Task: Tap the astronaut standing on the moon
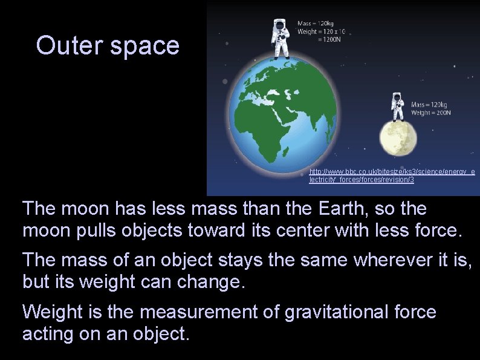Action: [397, 108]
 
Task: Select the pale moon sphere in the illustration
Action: [398, 138]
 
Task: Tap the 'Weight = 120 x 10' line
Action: [321, 31]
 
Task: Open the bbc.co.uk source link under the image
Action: [392, 176]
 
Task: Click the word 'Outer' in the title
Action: [68, 45]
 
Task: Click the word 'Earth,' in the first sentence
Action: [341, 209]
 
